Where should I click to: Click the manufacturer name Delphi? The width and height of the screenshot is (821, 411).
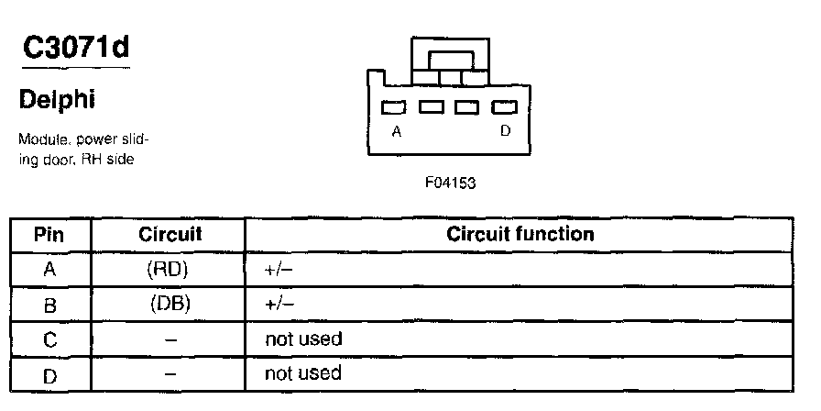[57, 98]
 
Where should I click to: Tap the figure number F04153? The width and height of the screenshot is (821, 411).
[451, 182]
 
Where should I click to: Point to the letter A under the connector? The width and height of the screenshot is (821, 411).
[396, 131]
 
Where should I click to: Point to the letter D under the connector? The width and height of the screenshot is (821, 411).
[505, 131]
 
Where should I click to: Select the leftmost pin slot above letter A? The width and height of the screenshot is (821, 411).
[395, 107]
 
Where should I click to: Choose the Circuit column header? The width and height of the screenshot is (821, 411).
[170, 234]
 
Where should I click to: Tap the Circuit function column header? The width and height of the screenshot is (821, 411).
[520, 234]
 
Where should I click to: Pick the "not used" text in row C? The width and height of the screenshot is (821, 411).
[302, 339]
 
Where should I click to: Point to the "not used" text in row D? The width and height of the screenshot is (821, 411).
[302, 373]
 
